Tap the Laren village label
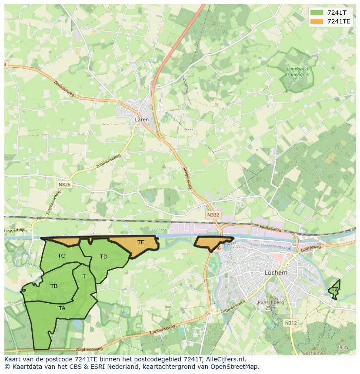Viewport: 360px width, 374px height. (142, 119)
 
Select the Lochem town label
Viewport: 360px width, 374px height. (276, 273)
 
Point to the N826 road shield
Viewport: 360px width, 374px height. (64, 185)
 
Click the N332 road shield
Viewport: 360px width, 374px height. (213, 215)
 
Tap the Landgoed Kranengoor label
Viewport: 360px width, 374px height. (297, 72)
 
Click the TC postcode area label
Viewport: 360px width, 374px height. (61, 256)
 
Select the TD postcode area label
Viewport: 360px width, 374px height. (103, 257)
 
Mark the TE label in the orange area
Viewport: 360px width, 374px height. (140, 242)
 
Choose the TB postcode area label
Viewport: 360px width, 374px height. (54, 286)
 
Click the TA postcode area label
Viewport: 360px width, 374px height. (62, 308)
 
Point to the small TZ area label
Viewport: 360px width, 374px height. (335, 289)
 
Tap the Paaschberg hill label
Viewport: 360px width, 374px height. (271, 302)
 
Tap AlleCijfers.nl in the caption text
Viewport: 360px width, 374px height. (224, 359)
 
